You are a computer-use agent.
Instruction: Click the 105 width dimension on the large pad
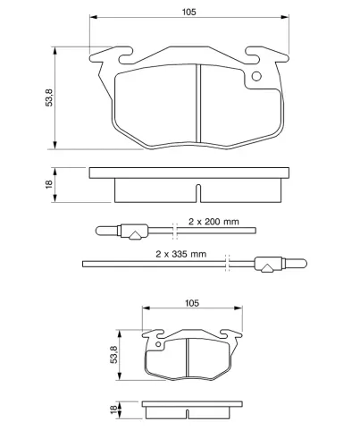(189, 12)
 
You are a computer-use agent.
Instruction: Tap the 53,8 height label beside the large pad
(49, 97)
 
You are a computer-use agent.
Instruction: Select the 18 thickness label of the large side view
(49, 184)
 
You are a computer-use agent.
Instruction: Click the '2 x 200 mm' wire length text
(213, 222)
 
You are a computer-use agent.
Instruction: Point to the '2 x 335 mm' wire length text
(181, 254)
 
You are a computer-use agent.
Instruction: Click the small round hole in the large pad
(256, 77)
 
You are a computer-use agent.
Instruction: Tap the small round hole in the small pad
(158, 344)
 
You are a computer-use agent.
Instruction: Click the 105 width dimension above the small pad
(192, 303)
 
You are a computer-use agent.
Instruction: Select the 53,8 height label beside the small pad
(114, 355)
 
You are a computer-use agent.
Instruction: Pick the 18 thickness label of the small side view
(113, 409)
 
